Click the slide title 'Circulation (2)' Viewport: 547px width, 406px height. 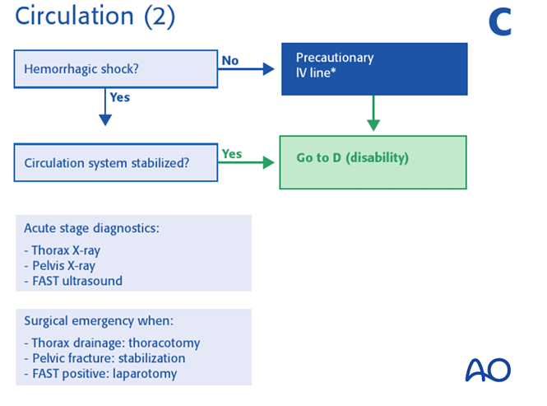95,16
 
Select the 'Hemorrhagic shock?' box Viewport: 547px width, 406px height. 115,68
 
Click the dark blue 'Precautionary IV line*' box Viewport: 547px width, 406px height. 373,68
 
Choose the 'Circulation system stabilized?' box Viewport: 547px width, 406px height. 115,162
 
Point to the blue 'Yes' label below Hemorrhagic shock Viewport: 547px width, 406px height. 119,97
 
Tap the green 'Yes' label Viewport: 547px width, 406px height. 232,153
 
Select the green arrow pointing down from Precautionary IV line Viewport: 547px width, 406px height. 373,113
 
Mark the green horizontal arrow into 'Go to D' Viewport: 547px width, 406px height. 247,163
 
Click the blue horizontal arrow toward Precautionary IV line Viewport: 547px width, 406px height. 247,70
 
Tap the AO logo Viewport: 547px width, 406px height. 488,369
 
